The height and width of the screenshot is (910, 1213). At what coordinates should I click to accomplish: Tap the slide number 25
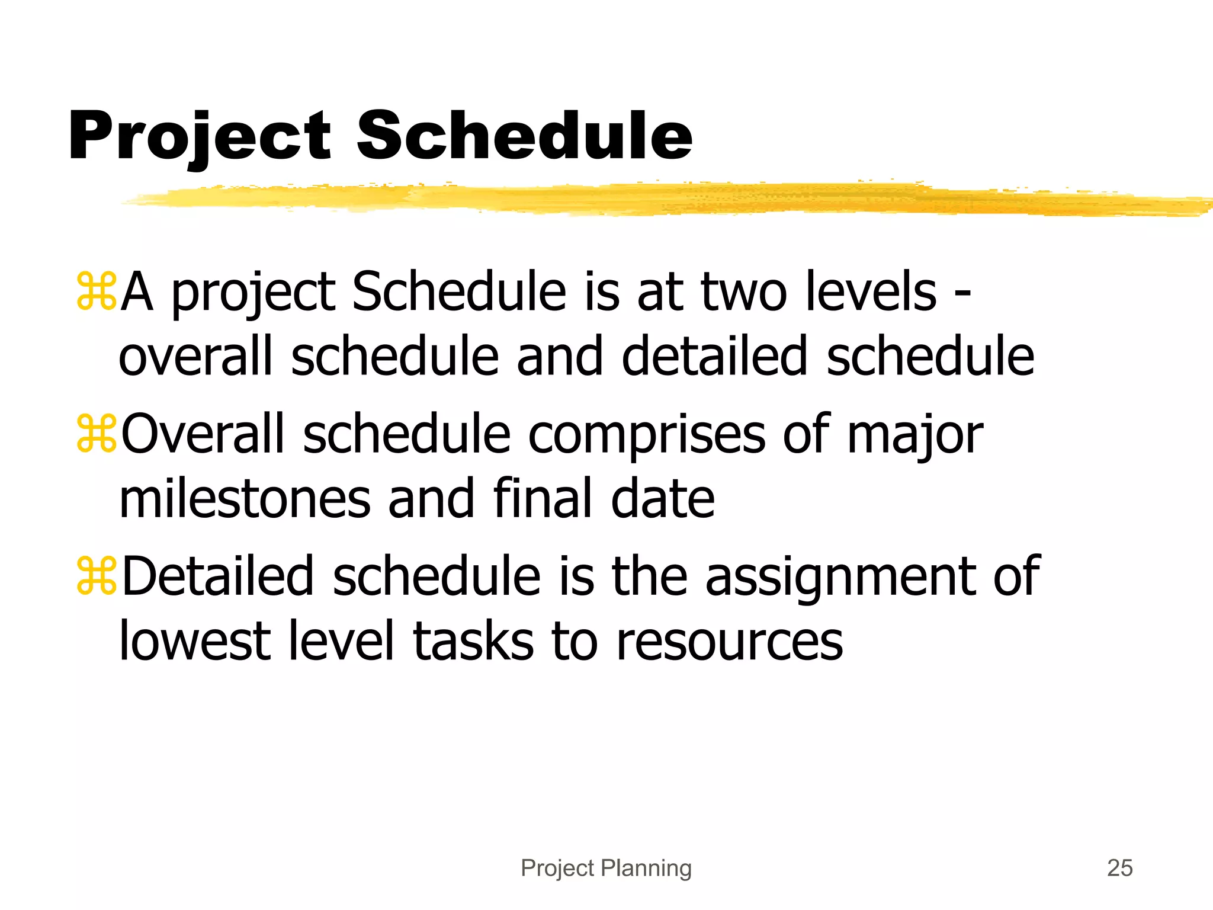[x=1119, y=868]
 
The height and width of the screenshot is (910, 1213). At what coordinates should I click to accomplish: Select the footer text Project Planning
[x=606, y=868]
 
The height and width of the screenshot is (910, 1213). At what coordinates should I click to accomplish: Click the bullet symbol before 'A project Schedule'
[x=97, y=291]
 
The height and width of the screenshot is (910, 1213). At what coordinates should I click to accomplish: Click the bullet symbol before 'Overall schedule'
[x=97, y=434]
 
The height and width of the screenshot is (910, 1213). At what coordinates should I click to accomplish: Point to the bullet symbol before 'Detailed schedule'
[x=97, y=576]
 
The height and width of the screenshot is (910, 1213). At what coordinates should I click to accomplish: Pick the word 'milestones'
[x=245, y=499]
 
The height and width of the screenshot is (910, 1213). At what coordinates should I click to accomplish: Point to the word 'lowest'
[x=195, y=642]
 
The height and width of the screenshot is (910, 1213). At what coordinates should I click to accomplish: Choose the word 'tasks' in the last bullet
[x=473, y=642]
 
